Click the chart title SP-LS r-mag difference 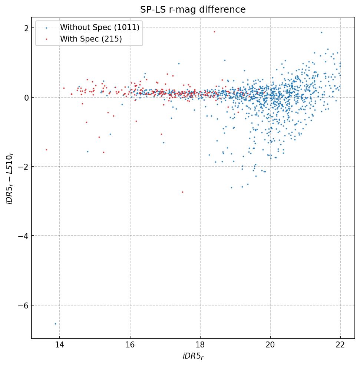click(x=193, y=10)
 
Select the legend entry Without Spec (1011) click(x=99, y=27)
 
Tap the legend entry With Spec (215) click(x=91, y=39)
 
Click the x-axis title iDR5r click(x=193, y=356)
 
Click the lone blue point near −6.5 click(x=55, y=324)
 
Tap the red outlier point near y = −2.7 click(x=182, y=192)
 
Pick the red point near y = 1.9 click(x=214, y=32)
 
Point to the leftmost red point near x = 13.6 click(x=46, y=150)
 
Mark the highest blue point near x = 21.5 click(x=321, y=32)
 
